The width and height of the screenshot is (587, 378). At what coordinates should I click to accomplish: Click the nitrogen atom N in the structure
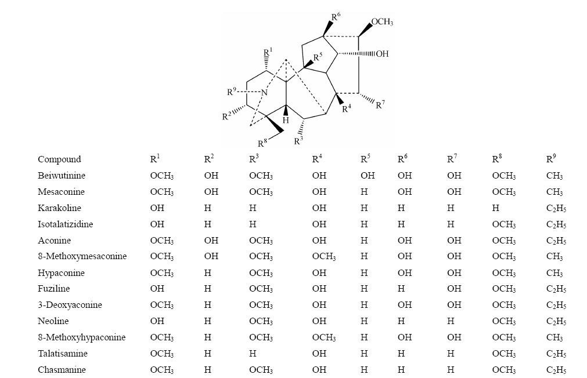[x=264, y=93]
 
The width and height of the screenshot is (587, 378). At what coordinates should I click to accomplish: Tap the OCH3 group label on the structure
[x=382, y=22]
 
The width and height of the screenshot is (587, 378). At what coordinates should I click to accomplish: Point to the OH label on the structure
[x=382, y=54]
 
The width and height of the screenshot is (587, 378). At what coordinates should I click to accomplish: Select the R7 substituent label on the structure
[x=380, y=105]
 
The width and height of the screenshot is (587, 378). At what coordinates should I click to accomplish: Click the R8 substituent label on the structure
[x=263, y=143]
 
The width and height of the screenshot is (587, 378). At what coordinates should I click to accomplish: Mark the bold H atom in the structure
[x=286, y=121]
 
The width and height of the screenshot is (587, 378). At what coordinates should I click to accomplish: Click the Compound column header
[x=59, y=159]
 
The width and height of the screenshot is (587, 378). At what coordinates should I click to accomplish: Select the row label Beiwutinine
[x=61, y=176]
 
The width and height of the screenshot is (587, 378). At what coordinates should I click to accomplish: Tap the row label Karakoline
[x=59, y=208]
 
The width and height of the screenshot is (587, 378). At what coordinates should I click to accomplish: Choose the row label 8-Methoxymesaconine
[x=82, y=256]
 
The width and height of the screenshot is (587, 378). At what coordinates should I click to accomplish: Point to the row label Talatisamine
[x=62, y=354]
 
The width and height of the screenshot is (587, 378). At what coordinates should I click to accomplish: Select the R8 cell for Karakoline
[x=495, y=208]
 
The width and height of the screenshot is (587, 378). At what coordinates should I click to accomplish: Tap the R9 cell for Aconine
[x=556, y=241]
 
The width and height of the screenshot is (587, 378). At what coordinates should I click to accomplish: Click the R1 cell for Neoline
[x=157, y=321]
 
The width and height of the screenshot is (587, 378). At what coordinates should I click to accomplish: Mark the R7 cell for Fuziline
[x=453, y=289]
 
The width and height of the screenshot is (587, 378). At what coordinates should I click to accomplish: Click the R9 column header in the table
[x=551, y=159]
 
